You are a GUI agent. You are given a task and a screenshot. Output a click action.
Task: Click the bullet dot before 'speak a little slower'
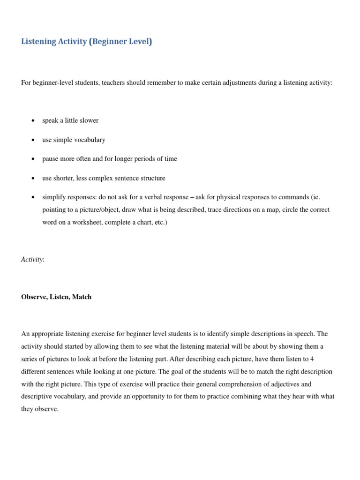[x=33, y=121]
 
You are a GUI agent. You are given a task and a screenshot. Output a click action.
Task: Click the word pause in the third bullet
[x=50, y=159]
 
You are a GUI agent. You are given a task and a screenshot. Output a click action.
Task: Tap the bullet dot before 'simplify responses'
[x=33, y=197]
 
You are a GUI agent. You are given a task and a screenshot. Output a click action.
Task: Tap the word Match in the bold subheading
[x=82, y=297]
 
